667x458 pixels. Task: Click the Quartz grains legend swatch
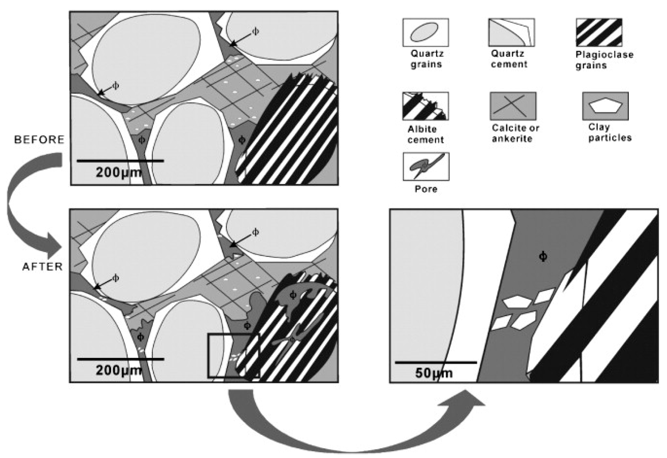(x=425, y=33)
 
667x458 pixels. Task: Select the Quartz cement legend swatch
(x=512, y=33)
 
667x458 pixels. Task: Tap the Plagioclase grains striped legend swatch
(x=599, y=33)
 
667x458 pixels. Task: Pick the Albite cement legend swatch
(x=425, y=106)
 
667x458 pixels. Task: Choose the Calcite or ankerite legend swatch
(x=513, y=106)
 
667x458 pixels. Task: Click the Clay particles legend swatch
(x=606, y=106)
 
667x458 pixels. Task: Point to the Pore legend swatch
(x=426, y=166)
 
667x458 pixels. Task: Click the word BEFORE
(x=39, y=140)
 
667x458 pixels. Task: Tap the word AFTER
(x=43, y=267)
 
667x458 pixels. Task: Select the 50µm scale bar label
(x=434, y=373)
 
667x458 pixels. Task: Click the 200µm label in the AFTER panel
(x=119, y=371)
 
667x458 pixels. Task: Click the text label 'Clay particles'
(x=609, y=132)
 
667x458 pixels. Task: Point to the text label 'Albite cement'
(x=425, y=134)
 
